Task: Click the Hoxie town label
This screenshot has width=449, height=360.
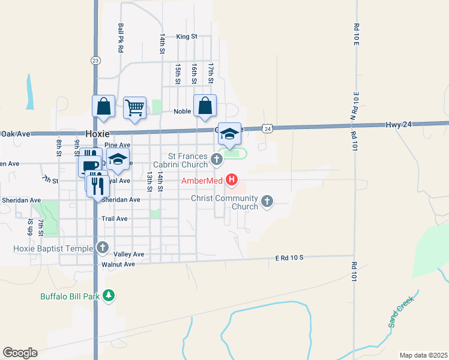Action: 97,134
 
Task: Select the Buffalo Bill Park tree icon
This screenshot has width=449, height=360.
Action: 109,295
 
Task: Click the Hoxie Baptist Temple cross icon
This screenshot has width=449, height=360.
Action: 103,247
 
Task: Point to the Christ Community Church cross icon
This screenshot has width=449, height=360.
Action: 267,200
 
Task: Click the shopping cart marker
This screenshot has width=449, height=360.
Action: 135,108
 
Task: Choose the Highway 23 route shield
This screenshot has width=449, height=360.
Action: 95,60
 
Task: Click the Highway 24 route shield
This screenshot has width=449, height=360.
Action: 267,128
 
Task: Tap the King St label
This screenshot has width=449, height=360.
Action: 187,37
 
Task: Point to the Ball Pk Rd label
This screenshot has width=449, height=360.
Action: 121,38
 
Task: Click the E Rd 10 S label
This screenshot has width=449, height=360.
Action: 290,257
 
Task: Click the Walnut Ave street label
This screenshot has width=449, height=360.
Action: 118,264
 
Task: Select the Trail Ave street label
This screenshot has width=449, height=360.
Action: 115,219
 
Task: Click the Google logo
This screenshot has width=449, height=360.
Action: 20,353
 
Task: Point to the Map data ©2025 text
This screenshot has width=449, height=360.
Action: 423,355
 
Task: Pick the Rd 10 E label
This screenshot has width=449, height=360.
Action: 356,36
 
